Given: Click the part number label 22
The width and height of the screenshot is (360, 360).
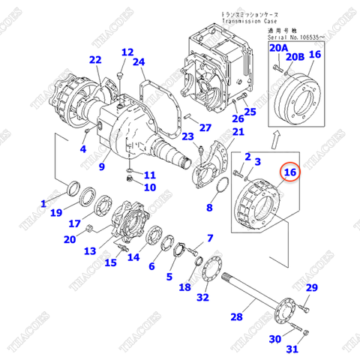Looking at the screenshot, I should (x=94, y=60).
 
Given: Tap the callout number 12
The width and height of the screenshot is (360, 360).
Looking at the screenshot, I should (x=127, y=52).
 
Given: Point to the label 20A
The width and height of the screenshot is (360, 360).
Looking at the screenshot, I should (x=279, y=48).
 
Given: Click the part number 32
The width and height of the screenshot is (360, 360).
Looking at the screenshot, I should (x=202, y=298).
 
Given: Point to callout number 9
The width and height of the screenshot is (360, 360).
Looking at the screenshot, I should (x=103, y=158).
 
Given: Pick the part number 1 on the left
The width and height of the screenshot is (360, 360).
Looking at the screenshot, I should (x=43, y=203).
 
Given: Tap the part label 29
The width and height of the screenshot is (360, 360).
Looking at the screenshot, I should (x=311, y=289).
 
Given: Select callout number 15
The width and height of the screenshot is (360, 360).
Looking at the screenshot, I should (x=110, y=262).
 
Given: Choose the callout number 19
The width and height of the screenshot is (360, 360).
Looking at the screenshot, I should (x=56, y=213).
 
